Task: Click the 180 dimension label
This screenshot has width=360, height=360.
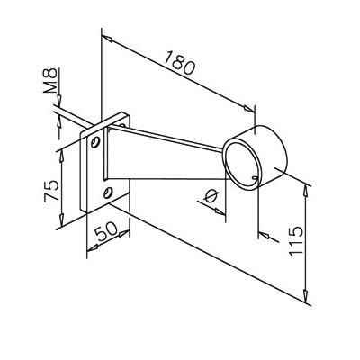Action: (x=179, y=63)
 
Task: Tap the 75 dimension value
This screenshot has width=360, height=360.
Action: (x=51, y=191)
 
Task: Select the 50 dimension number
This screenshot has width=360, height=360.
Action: (x=105, y=231)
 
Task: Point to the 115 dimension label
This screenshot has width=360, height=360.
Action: (x=296, y=241)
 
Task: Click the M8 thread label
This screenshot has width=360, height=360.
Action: (x=49, y=81)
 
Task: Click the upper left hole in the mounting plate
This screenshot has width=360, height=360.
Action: (x=95, y=142)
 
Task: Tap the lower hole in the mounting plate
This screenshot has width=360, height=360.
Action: (x=108, y=193)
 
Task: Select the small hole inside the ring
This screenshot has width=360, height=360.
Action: (x=256, y=178)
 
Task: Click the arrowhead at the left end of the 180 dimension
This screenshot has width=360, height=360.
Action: (x=107, y=39)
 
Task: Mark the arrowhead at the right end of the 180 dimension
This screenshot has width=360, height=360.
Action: (x=248, y=109)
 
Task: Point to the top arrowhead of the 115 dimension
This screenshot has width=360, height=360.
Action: (x=305, y=192)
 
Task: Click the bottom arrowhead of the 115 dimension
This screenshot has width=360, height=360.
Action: (x=305, y=296)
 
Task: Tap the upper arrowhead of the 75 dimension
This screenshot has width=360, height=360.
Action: (x=61, y=157)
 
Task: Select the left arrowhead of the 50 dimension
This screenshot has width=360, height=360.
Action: (x=93, y=247)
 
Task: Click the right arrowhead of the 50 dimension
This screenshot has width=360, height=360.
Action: (x=124, y=233)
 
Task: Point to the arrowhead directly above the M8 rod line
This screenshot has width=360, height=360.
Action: (x=59, y=99)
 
